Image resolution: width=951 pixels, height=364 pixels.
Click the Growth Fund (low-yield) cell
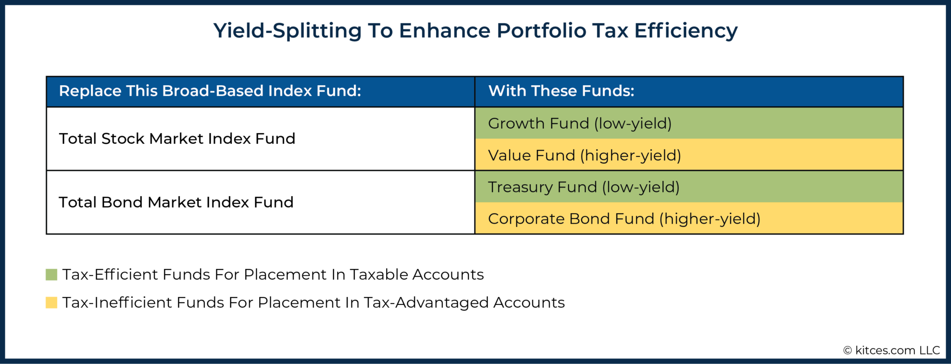(689, 123)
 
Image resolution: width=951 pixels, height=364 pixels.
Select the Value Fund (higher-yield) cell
(689, 155)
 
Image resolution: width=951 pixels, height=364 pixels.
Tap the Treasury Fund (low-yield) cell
(689, 187)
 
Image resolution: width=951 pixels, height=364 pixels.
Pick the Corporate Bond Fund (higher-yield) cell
(689, 219)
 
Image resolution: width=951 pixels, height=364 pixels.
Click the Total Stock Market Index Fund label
(177, 138)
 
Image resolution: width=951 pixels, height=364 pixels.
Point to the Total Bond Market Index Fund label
(176, 202)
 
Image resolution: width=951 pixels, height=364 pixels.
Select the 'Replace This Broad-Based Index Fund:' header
(210, 91)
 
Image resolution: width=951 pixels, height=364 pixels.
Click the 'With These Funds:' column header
(561, 91)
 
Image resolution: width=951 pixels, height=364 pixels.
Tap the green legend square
(51, 275)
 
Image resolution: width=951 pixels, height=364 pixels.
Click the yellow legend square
(51, 303)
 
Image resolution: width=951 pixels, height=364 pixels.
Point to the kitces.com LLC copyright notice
(892, 351)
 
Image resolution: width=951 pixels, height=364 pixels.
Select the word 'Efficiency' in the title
(686, 31)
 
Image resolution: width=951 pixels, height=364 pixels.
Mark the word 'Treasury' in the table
(520, 187)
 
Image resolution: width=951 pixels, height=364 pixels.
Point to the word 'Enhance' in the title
(445, 31)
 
